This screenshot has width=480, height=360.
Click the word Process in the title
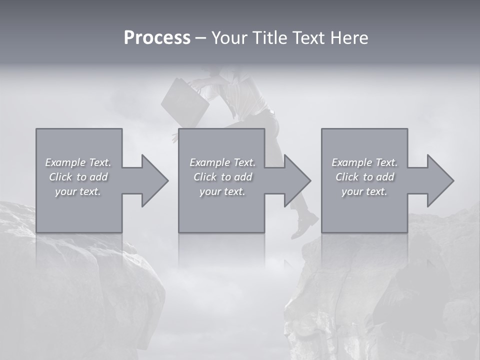pyautogui.click(x=157, y=38)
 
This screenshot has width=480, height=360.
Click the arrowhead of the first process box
pyautogui.click(x=154, y=180)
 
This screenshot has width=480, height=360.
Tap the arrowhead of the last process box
pyautogui.click(x=440, y=180)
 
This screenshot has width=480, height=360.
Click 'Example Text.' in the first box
pyautogui.click(x=78, y=162)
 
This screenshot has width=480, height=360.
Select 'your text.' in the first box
pyautogui.click(x=78, y=191)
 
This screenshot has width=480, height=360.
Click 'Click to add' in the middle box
pyautogui.click(x=222, y=177)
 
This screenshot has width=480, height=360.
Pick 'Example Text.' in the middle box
pyautogui.click(x=222, y=162)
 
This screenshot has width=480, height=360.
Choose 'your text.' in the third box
pyautogui.click(x=364, y=191)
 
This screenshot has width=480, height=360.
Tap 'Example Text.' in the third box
pyautogui.click(x=364, y=162)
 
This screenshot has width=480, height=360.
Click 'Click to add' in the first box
pyautogui.click(x=78, y=177)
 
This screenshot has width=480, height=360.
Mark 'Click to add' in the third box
pyautogui.click(x=364, y=177)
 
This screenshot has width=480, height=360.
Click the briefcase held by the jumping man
pyautogui.click(x=184, y=102)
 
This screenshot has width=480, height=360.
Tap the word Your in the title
pyautogui.click(x=229, y=38)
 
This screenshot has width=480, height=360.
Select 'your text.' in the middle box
pyautogui.click(x=222, y=191)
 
